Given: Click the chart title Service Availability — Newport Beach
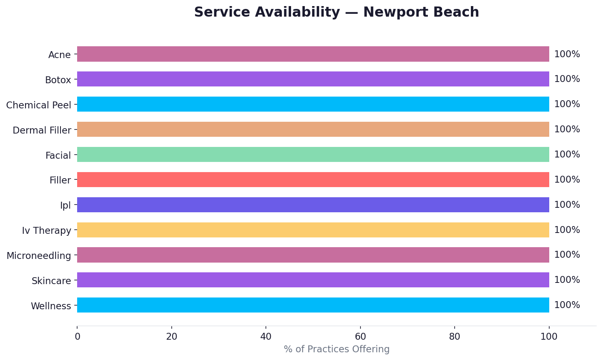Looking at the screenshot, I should point(336,12).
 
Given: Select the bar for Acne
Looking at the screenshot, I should point(313,54).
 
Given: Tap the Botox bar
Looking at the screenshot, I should point(313,79).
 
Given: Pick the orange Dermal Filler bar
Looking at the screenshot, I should point(313,129).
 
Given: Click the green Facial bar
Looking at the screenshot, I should point(313,155).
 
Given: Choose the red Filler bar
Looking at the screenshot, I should point(313,180).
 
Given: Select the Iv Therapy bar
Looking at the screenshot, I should point(313,230).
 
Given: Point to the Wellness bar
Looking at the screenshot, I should point(313,305).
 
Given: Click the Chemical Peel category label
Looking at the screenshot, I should point(39,105).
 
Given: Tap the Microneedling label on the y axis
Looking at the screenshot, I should point(39,256).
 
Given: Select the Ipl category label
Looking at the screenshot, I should point(65,205).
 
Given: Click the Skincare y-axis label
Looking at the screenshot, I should point(51,281).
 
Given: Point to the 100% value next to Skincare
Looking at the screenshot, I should point(567,280).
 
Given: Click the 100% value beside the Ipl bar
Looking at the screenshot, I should point(567,205).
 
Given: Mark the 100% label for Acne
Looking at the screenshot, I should point(567,54).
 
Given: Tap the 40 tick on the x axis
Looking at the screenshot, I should point(266,336).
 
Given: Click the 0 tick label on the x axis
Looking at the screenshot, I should point(77,336).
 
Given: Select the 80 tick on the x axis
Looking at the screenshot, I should point(455,336).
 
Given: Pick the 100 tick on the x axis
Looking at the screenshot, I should point(549,336).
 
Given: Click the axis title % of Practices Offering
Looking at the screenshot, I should point(336,349).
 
